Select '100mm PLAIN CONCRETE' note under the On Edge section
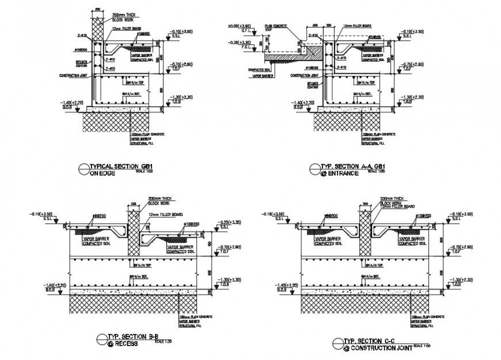pos(147,134)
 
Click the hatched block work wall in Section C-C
pos(365,230)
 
